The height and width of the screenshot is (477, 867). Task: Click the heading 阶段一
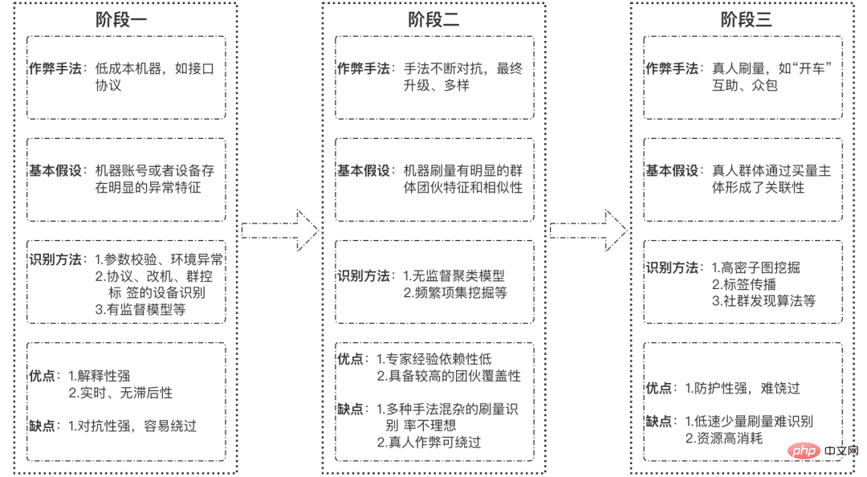(x=124, y=20)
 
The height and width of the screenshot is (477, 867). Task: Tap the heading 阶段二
(x=433, y=20)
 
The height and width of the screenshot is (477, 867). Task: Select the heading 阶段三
(x=746, y=20)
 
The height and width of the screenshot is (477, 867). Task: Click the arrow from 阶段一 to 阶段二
(x=279, y=230)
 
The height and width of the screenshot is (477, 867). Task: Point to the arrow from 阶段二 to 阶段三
(x=588, y=230)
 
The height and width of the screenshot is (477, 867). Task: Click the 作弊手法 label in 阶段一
(x=55, y=69)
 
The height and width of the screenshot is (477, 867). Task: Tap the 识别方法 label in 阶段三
(x=673, y=268)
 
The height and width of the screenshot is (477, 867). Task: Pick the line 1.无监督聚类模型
(x=454, y=276)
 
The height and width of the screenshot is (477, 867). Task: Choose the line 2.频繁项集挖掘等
(x=455, y=293)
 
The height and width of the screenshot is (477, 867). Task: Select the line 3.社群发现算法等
(x=763, y=301)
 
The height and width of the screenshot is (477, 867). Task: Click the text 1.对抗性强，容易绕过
(x=132, y=426)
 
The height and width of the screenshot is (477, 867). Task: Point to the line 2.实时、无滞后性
(x=120, y=393)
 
